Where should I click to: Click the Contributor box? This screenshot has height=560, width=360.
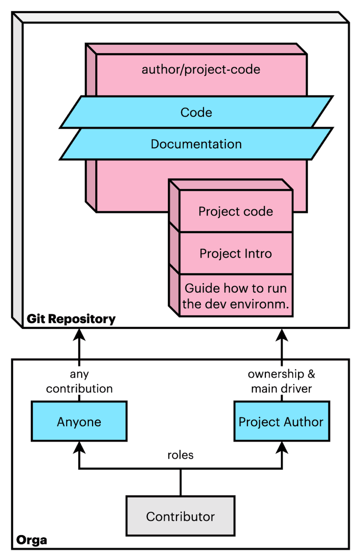pyautogui.click(x=180, y=516)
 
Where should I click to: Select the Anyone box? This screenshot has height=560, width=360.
pyautogui.click(x=79, y=421)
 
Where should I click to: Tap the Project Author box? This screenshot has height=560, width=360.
pyautogui.click(x=282, y=421)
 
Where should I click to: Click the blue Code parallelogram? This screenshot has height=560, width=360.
pyautogui.click(x=196, y=112)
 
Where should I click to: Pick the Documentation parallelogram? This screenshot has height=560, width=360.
pyautogui.click(x=196, y=144)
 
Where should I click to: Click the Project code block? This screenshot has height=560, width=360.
pyautogui.click(x=236, y=211)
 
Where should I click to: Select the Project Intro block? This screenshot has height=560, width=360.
pyautogui.click(x=236, y=253)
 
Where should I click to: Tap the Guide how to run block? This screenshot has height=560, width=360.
pyautogui.click(x=236, y=296)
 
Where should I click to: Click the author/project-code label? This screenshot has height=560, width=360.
pyautogui.click(x=201, y=70)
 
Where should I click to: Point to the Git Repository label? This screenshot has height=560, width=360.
pyautogui.click(x=71, y=319)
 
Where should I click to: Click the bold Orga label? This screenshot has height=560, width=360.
pyautogui.click(x=32, y=540)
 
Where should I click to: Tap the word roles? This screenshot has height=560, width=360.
pyautogui.click(x=180, y=455)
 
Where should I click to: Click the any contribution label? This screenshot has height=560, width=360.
pyautogui.click(x=79, y=381)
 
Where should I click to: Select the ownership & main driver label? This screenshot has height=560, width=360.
pyautogui.click(x=282, y=381)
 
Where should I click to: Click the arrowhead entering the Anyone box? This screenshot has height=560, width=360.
pyautogui.click(x=79, y=447)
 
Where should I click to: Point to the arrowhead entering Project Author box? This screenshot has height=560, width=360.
pyautogui.click(x=282, y=447)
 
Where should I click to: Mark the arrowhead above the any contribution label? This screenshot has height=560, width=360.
pyautogui.click(x=79, y=335)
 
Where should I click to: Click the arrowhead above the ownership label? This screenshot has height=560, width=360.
pyautogui.click(x=282, y=335)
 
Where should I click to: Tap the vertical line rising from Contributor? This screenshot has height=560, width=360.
pyautogui.click(x=180, y=482)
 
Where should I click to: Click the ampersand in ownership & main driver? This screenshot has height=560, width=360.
pyautogui.click(x=311, y=374)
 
